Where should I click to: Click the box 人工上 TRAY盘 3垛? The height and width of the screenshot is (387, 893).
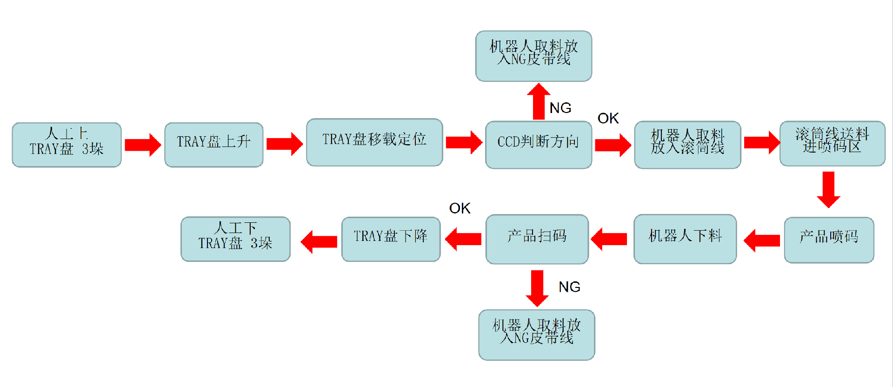67,145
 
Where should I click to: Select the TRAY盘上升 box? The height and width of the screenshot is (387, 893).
214,145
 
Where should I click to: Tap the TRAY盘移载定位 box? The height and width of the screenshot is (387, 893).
374,142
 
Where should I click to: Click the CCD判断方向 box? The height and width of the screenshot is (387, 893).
538,145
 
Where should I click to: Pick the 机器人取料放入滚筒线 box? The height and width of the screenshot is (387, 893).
687,145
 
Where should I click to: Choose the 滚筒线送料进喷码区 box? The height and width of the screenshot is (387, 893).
832,143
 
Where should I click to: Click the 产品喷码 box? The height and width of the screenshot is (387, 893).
829,240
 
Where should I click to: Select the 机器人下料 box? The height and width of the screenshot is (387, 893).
685,239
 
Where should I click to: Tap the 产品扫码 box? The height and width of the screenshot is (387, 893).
537,239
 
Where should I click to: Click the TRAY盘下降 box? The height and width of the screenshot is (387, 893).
391,239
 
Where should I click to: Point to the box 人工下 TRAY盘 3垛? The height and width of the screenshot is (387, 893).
235,239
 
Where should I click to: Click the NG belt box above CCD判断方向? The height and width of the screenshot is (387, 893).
533,56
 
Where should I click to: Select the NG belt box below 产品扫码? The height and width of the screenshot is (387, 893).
537,334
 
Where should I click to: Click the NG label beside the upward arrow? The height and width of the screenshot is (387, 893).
560,108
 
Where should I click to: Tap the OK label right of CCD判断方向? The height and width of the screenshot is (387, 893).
608,118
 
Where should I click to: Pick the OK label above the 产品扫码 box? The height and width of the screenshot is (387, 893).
460,208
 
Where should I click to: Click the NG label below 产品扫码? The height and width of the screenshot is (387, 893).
569,287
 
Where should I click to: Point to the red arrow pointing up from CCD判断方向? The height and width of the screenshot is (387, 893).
539,101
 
